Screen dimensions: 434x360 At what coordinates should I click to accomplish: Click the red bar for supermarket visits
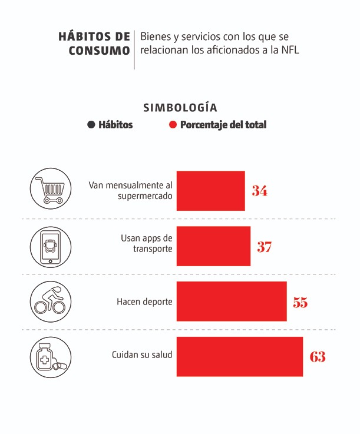tap(210, 191)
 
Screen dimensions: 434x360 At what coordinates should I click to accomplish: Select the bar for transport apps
tap(213, 246)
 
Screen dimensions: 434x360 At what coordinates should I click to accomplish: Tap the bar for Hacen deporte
tap(232, 302)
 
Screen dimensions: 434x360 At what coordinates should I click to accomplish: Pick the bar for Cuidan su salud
tap(240, 356)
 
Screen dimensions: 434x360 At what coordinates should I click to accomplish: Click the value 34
tap(259, 191)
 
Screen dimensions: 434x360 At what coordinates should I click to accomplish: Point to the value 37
tap(264, 247)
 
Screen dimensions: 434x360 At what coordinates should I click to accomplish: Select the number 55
tap(300, 303)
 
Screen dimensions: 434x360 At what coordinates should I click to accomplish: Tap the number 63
tap(317, 357)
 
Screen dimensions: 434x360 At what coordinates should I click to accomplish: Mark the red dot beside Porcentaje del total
tap(173, 125)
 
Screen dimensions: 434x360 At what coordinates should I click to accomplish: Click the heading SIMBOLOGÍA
tap(180, 108)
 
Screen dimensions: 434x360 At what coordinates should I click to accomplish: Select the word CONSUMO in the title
tap(99, 51)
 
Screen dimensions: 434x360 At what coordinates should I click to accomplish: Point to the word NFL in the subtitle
tap(289, 50)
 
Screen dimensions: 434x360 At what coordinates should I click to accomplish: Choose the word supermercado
tap(145, 196)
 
